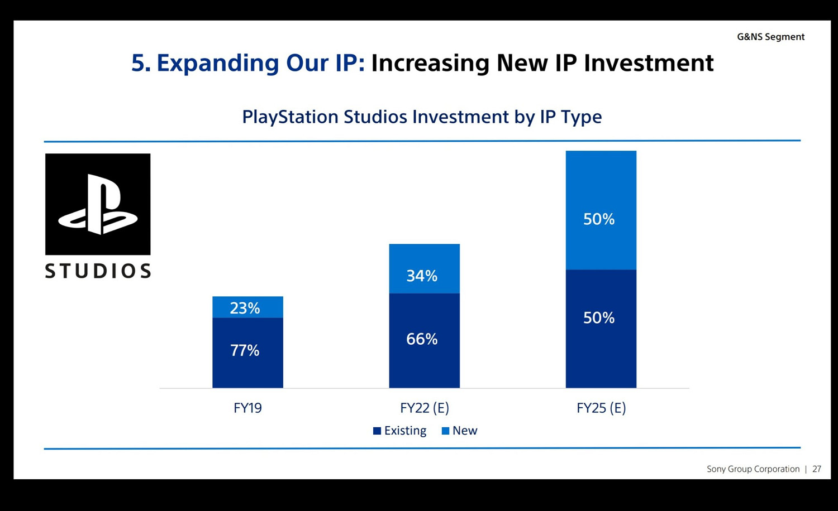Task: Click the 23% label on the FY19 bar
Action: [x=245, y=308]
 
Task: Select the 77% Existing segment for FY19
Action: [x=247, y=353]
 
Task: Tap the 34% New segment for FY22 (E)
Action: [x=424, y=268]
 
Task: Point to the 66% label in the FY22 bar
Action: [x=422, y=339]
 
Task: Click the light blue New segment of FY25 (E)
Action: [x=601, y=210]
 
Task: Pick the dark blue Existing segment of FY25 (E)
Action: [x=601, y=329]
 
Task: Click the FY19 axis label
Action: [x=247, y=408]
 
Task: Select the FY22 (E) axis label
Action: [x=424, y=408]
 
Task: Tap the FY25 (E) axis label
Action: [x=601, y=408]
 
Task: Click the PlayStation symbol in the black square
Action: [x=98, y=204]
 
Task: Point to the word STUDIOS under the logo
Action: [x=98, y=271]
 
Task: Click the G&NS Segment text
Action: [x=770, y=37]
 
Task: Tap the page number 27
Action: [x=817, y=469]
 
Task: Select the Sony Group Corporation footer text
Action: [x=753, y=469]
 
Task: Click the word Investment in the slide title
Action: [x=649, y=63]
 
